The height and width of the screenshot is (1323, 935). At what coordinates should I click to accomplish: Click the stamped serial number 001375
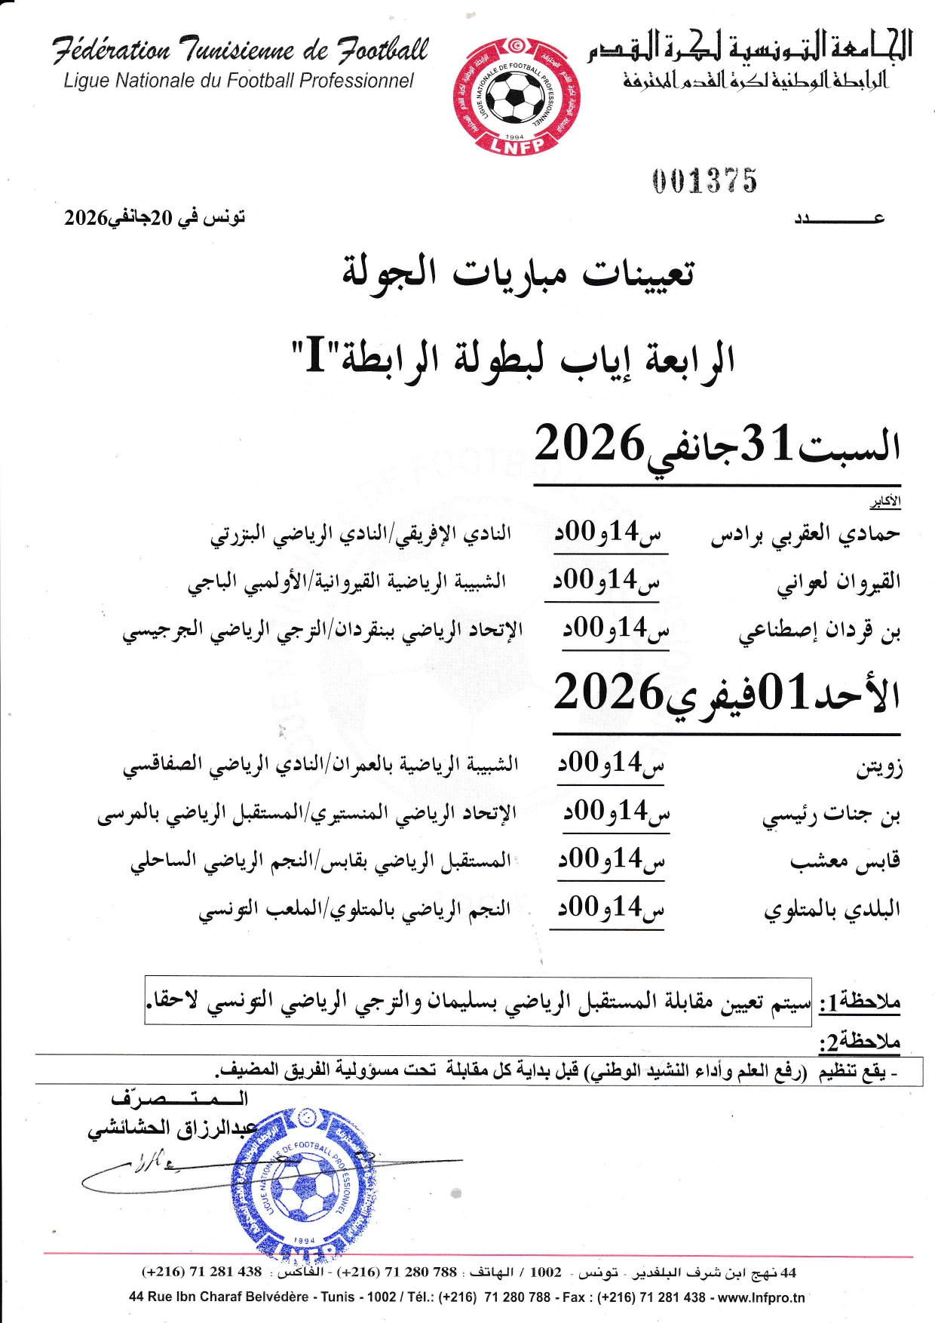(x=704, y=181)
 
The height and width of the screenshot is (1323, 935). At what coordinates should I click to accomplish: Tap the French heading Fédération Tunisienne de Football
(x=241, y=50)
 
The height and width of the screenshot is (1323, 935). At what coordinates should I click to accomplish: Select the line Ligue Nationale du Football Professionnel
(x=239, y=81)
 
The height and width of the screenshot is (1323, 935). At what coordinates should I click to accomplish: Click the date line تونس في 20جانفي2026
(x=155, y=218)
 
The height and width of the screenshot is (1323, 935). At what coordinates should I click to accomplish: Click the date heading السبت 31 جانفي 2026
(x=717, y=445)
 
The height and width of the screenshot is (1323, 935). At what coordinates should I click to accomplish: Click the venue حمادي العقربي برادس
(x=805, y=534)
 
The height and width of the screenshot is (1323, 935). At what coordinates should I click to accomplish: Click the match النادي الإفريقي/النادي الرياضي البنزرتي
(x=360, y=534)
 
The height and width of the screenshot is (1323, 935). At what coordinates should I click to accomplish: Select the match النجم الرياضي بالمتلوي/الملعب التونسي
(x=354, y=909)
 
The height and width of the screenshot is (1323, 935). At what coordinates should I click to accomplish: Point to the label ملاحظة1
(x=860, y=1002)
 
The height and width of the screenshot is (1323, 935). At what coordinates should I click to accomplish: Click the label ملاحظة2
(x=860, y=1042)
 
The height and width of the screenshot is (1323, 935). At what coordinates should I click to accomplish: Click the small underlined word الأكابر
(x=885, y=502)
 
